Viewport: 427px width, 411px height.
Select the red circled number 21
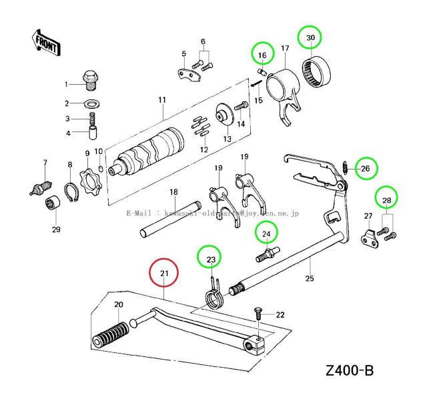[x=164, y=273]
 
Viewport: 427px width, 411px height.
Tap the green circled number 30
[x=310, y=38]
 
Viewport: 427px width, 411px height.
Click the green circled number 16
[x=263, y=53]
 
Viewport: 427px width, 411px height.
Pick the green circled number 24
[x=266, y=234]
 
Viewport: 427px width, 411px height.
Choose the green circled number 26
[x=365, y=169]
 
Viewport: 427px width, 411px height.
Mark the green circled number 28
[x=386, y=199]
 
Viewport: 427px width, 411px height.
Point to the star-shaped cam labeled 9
[x=86, y=181]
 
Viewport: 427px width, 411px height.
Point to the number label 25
[x=308, y=278]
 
